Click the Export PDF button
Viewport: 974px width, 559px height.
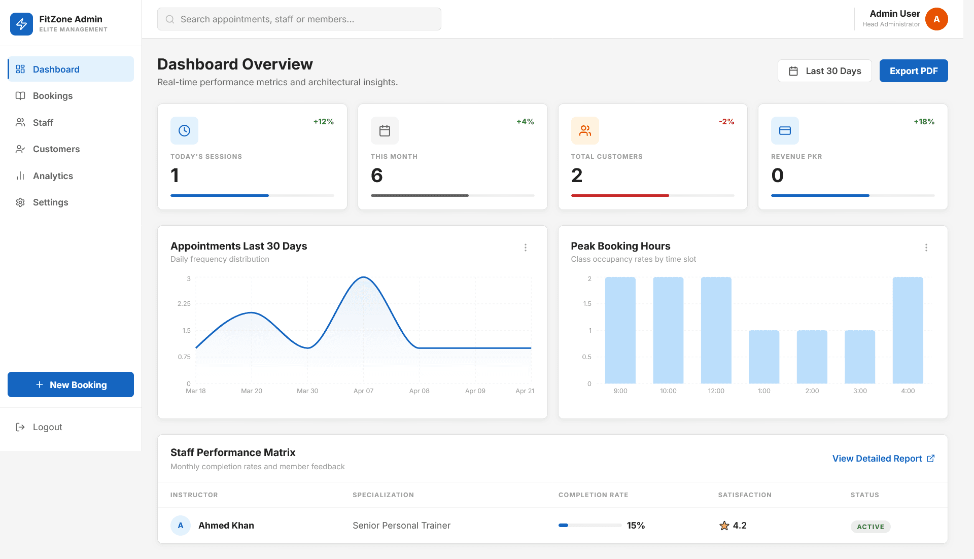pyautogui.click(x=913, y=71)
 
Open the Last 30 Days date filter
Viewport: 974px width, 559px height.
pyautogui.click(x=824, y=71)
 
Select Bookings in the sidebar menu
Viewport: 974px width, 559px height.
pyautogui.click(x=53, y=96)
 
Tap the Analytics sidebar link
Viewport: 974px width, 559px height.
pyautogui.click(x=53, y=176)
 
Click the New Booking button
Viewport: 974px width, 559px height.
pyautogui.click(x=71, y=385)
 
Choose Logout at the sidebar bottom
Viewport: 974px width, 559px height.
pyautogui.click(x=47, y=427)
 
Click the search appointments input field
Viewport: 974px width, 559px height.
pyautogui.click(x=299, y=19)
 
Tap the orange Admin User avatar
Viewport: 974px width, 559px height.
pyautogui.click(x=936, y=19)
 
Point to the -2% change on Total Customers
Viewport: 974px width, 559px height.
pyautogui.click(x=726, y=122)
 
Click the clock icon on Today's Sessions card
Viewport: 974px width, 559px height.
pyautogui.click(x=184, y=131)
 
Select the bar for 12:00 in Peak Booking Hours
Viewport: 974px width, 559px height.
pyautogui.click(x=716, y=330)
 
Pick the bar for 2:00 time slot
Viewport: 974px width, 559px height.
pyautogui.click(x=812, y=357)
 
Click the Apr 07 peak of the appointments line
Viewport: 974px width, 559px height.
pyautogui.click(x=364, y=277)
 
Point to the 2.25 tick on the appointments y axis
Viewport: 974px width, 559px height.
pyautogui.click(x=184, y=304)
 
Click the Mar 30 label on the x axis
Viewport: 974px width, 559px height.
pyautogui.click(x=307, y=391)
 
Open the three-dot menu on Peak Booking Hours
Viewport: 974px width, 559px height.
pyautogui.click(x=926, y=248)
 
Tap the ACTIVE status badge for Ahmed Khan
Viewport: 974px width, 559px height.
pyautogui.click(x=870, y=527)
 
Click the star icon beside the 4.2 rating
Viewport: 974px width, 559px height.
pyautogui.click(x=724, y=526)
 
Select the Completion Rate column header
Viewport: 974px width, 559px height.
pyautogui.click(x=593, y=495)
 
